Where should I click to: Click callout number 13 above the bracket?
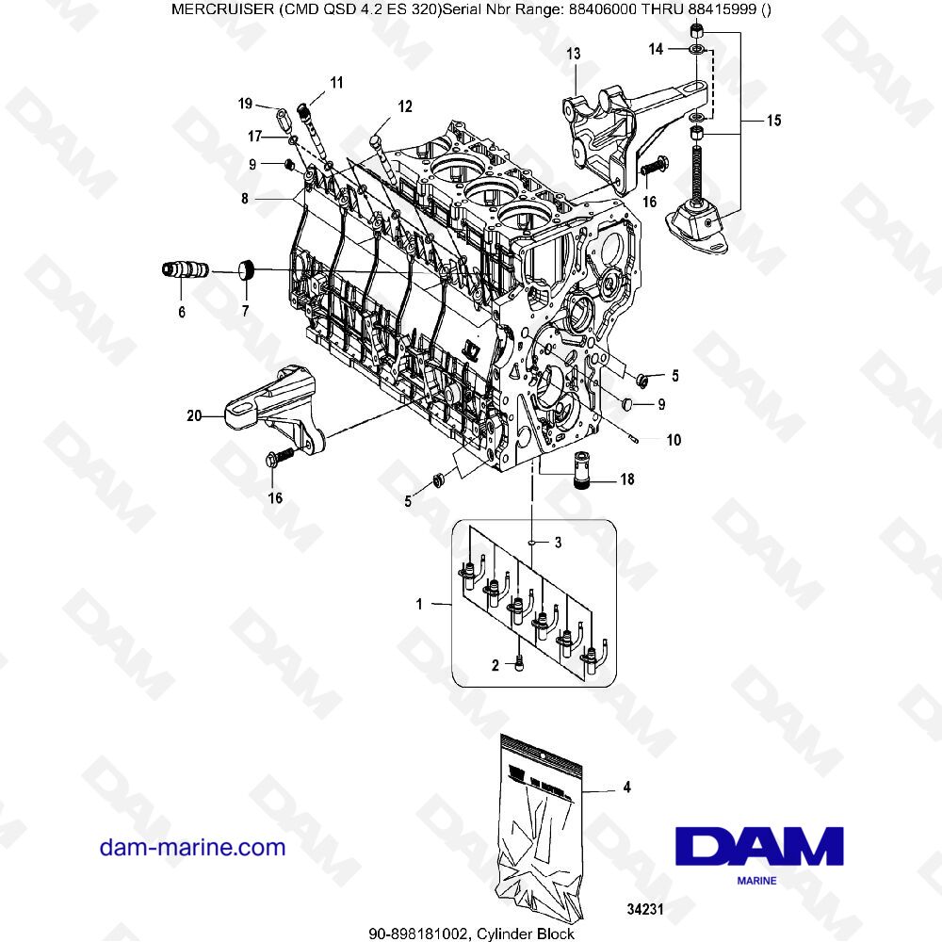573,57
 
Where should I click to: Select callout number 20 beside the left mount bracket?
193,413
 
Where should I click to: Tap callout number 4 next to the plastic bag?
627,789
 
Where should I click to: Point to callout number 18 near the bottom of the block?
626,479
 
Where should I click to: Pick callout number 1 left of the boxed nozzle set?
420,600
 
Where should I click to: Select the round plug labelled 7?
248,270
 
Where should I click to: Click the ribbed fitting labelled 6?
183,271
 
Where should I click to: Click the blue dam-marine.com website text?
192,847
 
